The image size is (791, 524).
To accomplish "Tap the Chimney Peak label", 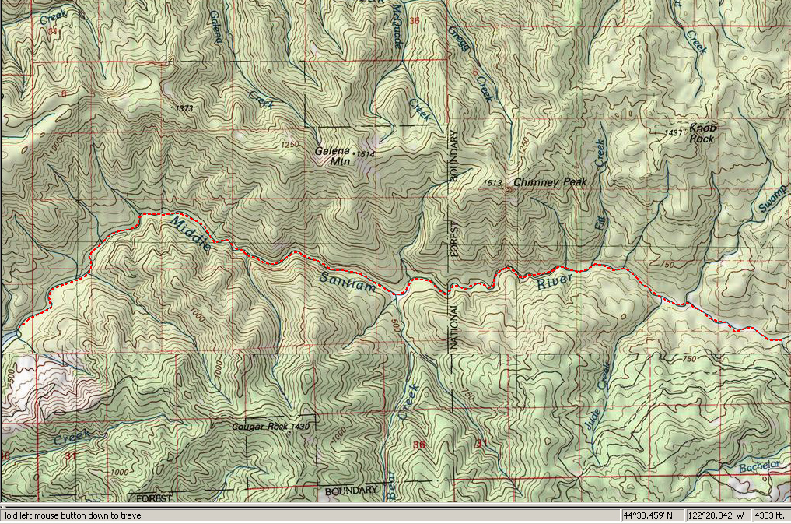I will tap(551, 181).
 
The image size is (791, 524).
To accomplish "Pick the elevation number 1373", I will tap(184, 107).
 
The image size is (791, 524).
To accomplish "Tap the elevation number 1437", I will tap(674, 133).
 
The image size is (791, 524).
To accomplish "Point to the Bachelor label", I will tap(758, 466).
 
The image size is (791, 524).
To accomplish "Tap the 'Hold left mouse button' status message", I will tap(72, 515).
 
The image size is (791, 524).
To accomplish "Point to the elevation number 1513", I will tap(492, 183).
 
